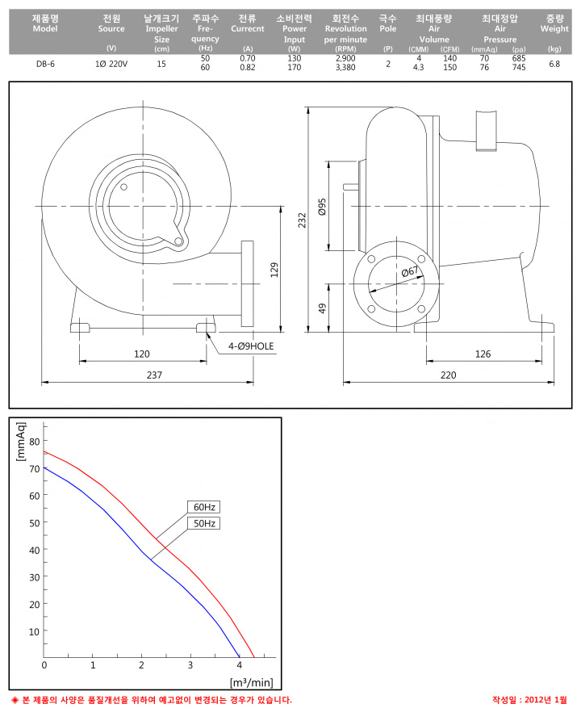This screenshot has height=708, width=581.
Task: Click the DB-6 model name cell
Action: coord(45,64)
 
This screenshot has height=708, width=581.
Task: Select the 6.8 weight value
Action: coord(554,64)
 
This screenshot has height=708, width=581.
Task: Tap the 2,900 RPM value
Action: coord(345,58)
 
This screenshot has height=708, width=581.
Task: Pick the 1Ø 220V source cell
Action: coord(111,64)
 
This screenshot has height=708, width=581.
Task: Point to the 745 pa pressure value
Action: coord(519,67)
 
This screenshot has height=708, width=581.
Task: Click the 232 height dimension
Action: coord(302,220)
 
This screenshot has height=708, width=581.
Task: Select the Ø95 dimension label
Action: coord(322,207)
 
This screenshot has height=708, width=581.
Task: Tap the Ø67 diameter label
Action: coord(409,272)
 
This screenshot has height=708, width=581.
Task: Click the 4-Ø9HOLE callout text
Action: coord(251,346)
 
